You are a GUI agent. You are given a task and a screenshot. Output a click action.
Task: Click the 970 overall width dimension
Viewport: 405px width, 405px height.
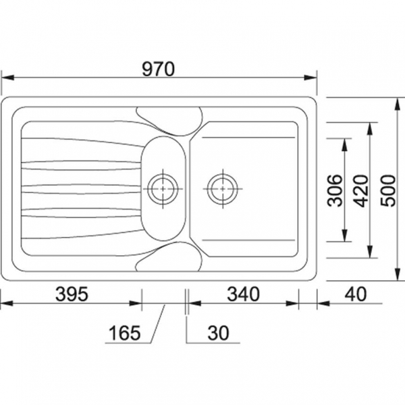tap(159, 70)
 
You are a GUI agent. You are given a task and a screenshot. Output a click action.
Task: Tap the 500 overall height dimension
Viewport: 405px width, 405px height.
tap(388, 190)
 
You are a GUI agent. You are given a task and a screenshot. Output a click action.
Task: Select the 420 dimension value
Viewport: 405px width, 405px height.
tap(361, 191)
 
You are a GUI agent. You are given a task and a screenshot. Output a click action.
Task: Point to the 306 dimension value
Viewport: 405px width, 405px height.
tap(335, 190)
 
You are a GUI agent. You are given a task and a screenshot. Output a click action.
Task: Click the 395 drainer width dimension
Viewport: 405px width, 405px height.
tap(72, 294)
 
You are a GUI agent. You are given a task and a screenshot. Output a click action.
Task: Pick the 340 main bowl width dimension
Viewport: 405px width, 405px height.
tap(243, 294)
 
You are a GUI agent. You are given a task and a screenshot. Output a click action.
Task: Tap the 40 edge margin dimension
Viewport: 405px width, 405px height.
tap(356, 294)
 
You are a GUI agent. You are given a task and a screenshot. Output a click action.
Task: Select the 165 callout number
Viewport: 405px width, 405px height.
tap(125, 333)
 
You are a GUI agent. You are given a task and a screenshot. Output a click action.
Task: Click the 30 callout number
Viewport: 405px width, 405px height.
tap(218, 333)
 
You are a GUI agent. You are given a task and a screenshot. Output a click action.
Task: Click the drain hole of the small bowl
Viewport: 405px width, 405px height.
tap(163, 189)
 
